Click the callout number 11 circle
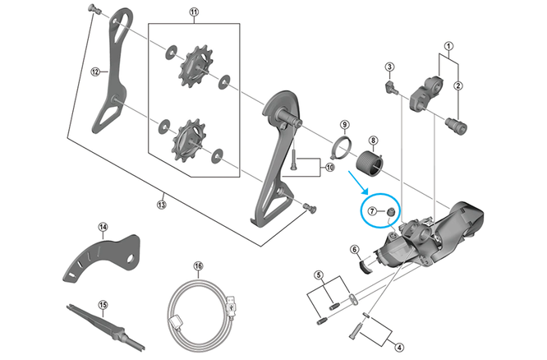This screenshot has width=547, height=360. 194,12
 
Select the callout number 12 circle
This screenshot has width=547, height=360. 95,72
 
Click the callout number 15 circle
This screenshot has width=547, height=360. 102,304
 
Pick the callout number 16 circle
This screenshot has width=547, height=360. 198,265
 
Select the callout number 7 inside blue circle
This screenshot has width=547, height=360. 372,211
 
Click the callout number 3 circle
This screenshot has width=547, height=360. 390,66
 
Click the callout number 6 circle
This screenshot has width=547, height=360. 354,250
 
